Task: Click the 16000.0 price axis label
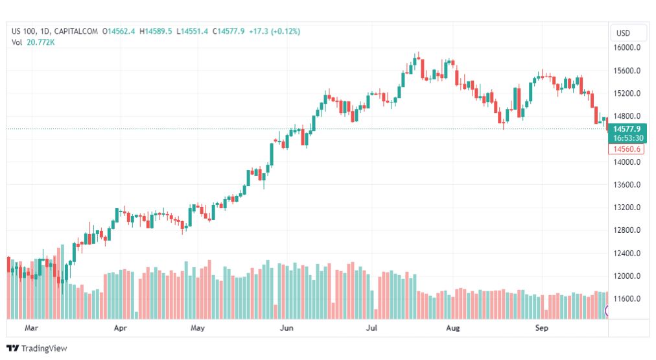click(x=627, y=48)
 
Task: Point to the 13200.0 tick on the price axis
click(x=627, y=208)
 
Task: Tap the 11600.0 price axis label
click(x=627, y=299)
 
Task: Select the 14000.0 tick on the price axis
click(x=627, y=162)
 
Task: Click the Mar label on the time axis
click(x=31, y=328)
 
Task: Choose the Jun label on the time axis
click(x=285, y=328)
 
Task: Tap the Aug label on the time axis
click(x=453, y=328)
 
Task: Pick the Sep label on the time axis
click(x=542, y=328)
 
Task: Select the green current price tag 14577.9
click(x=626, y=129)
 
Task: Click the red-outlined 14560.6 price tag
click(x=626, y=149)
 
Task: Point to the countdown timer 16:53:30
click(x=626, y=138)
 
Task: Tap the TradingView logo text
click(x=43, y=348)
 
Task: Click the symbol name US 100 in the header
click(x=25, y=31)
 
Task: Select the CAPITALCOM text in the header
click(x=76, y=31)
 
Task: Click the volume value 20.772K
click(x=40, y=42)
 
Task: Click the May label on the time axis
click(x=198, y=328)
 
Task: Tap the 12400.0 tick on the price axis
click(x=627, y=254)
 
